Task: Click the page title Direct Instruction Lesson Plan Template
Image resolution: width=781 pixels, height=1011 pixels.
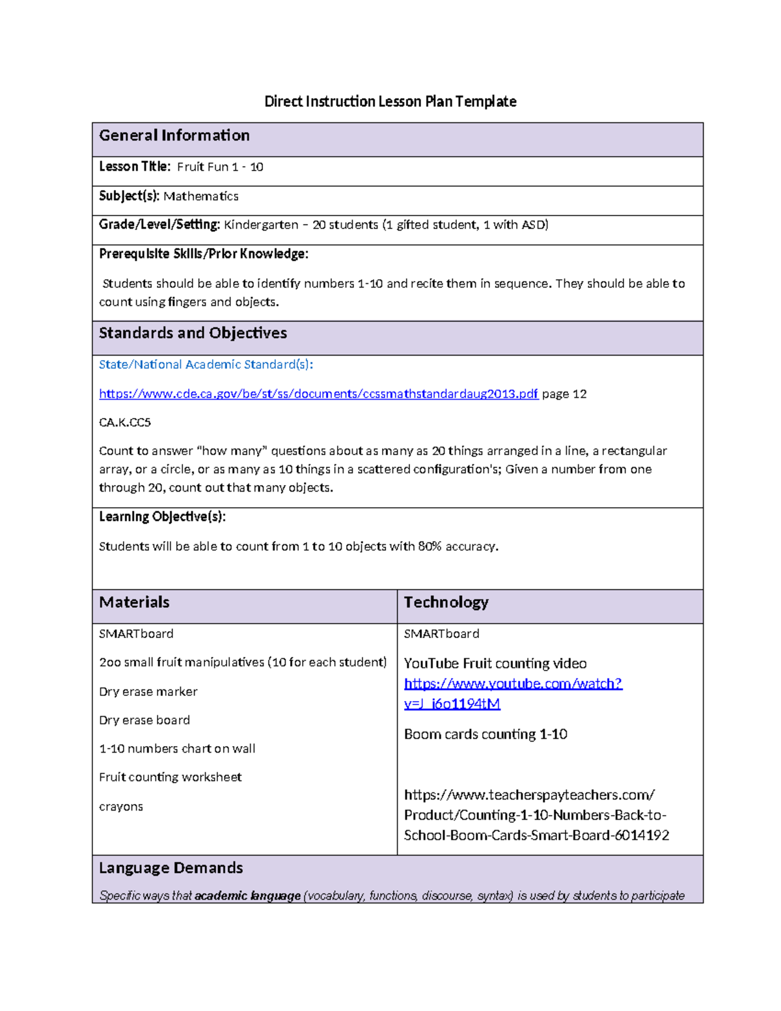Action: (x=390, y=102)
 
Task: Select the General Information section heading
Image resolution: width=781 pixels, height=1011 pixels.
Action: (x=174, y=135)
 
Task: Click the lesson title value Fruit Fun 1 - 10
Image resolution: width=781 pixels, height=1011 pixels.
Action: (x=220, y=167)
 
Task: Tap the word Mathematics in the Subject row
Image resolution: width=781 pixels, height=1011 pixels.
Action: (x=200, y=197)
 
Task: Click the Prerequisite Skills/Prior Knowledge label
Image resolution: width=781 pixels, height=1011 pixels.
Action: (x=203, y=254)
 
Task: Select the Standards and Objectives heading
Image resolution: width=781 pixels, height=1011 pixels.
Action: (x=193, y=333)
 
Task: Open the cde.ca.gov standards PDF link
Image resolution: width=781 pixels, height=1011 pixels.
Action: (x=318, y=394)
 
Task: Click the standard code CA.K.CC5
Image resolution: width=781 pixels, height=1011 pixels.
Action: (x=125, y=422)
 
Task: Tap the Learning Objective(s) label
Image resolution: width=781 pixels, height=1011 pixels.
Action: (x=162, y=517)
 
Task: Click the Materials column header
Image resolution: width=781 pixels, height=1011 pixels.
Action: (x=134, y=602)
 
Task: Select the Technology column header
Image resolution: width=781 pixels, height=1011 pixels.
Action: (x=446, y=602)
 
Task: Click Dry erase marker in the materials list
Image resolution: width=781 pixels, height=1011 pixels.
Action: (x=148, y=692)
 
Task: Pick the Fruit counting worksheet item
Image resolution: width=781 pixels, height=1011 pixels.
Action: (x=170, y=777)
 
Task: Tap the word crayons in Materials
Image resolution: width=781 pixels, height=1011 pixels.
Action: (x=120, y=807)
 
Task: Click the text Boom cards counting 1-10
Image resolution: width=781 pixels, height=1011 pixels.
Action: (x=486, y=734)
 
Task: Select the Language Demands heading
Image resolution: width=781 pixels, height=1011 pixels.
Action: (x=171, y=868)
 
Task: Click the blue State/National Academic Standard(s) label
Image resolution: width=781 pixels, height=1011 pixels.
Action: (x=206, y=365)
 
